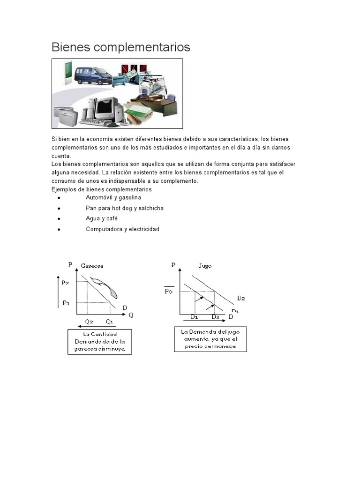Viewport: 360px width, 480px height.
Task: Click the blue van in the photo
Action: coord(91,75)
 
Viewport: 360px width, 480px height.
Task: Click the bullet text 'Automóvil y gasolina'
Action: coord(113,198)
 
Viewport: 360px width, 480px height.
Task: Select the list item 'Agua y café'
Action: coord(102,218)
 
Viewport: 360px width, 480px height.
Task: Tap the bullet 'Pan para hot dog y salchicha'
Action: coord(125,208)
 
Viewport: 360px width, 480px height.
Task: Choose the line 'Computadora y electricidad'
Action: coord(122,229)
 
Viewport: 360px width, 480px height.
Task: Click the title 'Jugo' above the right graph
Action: coord(205,266)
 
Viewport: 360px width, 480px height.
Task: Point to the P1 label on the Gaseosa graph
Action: coord(66,303)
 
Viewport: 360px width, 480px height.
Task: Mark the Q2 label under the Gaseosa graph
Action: coord(89,322)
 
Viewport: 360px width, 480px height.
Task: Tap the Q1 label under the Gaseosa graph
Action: coord(110,322)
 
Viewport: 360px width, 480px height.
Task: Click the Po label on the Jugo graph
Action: coord(169,291)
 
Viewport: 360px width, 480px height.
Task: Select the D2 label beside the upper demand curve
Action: coord(241,298)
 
